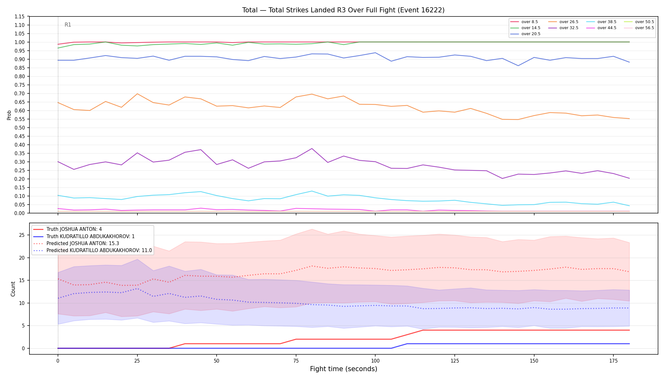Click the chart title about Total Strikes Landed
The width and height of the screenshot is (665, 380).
click(x=343, y=10)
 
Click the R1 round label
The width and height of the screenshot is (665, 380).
click(x=68, y=25)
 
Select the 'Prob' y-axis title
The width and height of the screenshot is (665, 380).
click(x=9, y=115)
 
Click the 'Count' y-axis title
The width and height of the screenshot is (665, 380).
click(x=13, y=289)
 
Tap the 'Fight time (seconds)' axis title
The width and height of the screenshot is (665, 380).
click(x=344, y=369)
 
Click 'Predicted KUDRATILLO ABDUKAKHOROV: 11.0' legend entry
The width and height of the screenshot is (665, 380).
click(x=92, y=250)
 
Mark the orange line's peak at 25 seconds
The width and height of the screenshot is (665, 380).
click(x=137, y=94)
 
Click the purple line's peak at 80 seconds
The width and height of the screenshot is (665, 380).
click(x=312, y=149)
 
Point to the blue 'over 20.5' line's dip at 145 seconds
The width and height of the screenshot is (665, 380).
click(x=518, y=66)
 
